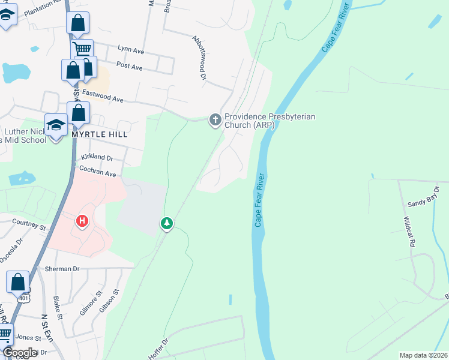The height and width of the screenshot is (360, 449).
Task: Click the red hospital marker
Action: click(x=82, y=221)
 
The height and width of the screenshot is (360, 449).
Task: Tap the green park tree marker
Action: click(x=167, y=223)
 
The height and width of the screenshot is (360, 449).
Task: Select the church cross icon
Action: click(x=215, y=120)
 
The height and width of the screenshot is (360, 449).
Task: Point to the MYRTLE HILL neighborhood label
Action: click(x=100, y=135)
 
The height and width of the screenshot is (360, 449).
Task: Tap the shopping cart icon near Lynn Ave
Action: click(x=82, y=49)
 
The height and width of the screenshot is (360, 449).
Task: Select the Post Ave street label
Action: click(x=130, y=67)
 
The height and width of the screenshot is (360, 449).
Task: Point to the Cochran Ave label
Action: click(x=97, y=172)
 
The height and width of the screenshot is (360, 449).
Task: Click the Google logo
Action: click(x=20, y=353)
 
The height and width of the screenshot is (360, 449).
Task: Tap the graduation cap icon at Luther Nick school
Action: click(x=56, y=125)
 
